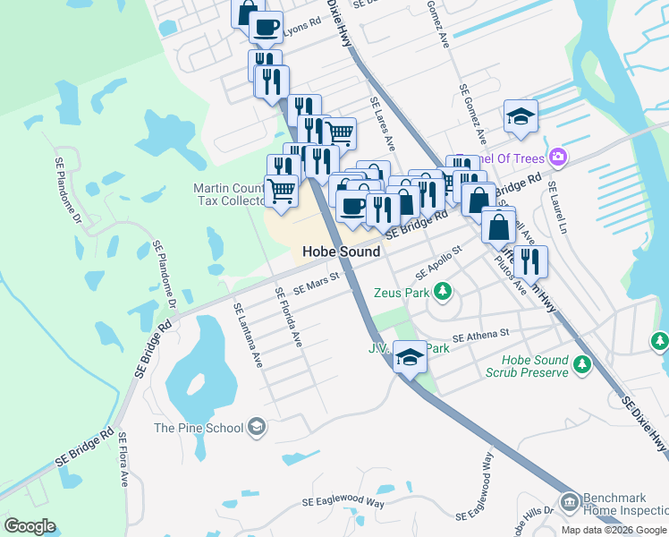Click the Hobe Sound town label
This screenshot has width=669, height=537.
tap(341, 251)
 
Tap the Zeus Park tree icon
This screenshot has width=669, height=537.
tap(441, 291)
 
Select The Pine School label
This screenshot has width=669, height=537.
tap(199, 428)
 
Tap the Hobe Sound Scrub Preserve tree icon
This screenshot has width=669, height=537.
tap(582, 363)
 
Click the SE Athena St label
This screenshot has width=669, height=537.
tap(480, 336)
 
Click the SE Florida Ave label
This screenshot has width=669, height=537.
tap(289, 318)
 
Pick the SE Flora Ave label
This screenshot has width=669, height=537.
tap(123, 462)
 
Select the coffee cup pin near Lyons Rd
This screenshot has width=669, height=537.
tap(265, 27)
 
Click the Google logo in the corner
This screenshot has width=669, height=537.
tap(30, 526)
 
